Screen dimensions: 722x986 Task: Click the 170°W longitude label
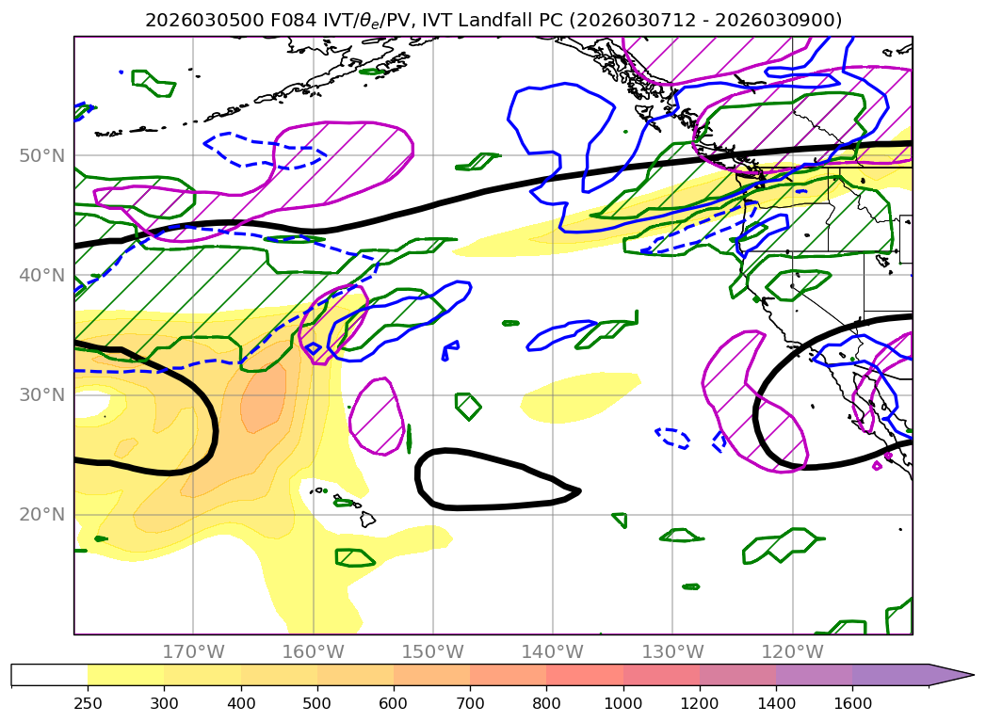click(193, 651)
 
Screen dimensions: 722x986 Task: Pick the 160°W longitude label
click(313, 651)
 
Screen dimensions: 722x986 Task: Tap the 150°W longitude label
click(432, 651)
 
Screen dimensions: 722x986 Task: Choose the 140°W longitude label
click(552, 651)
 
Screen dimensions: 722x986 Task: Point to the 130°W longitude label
click(672, 651)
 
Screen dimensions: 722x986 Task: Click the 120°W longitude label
click(792, 651)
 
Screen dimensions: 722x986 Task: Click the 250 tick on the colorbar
click(88, 703)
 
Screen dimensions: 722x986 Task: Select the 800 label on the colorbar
click(546, 703)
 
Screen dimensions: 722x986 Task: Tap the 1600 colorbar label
click(852, 703)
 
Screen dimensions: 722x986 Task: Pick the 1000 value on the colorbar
click(622, 703)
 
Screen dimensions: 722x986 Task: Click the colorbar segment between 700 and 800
click(508, 675)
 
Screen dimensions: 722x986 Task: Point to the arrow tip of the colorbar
click(972, 675)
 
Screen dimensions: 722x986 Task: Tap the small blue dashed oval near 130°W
click(672, 437)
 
